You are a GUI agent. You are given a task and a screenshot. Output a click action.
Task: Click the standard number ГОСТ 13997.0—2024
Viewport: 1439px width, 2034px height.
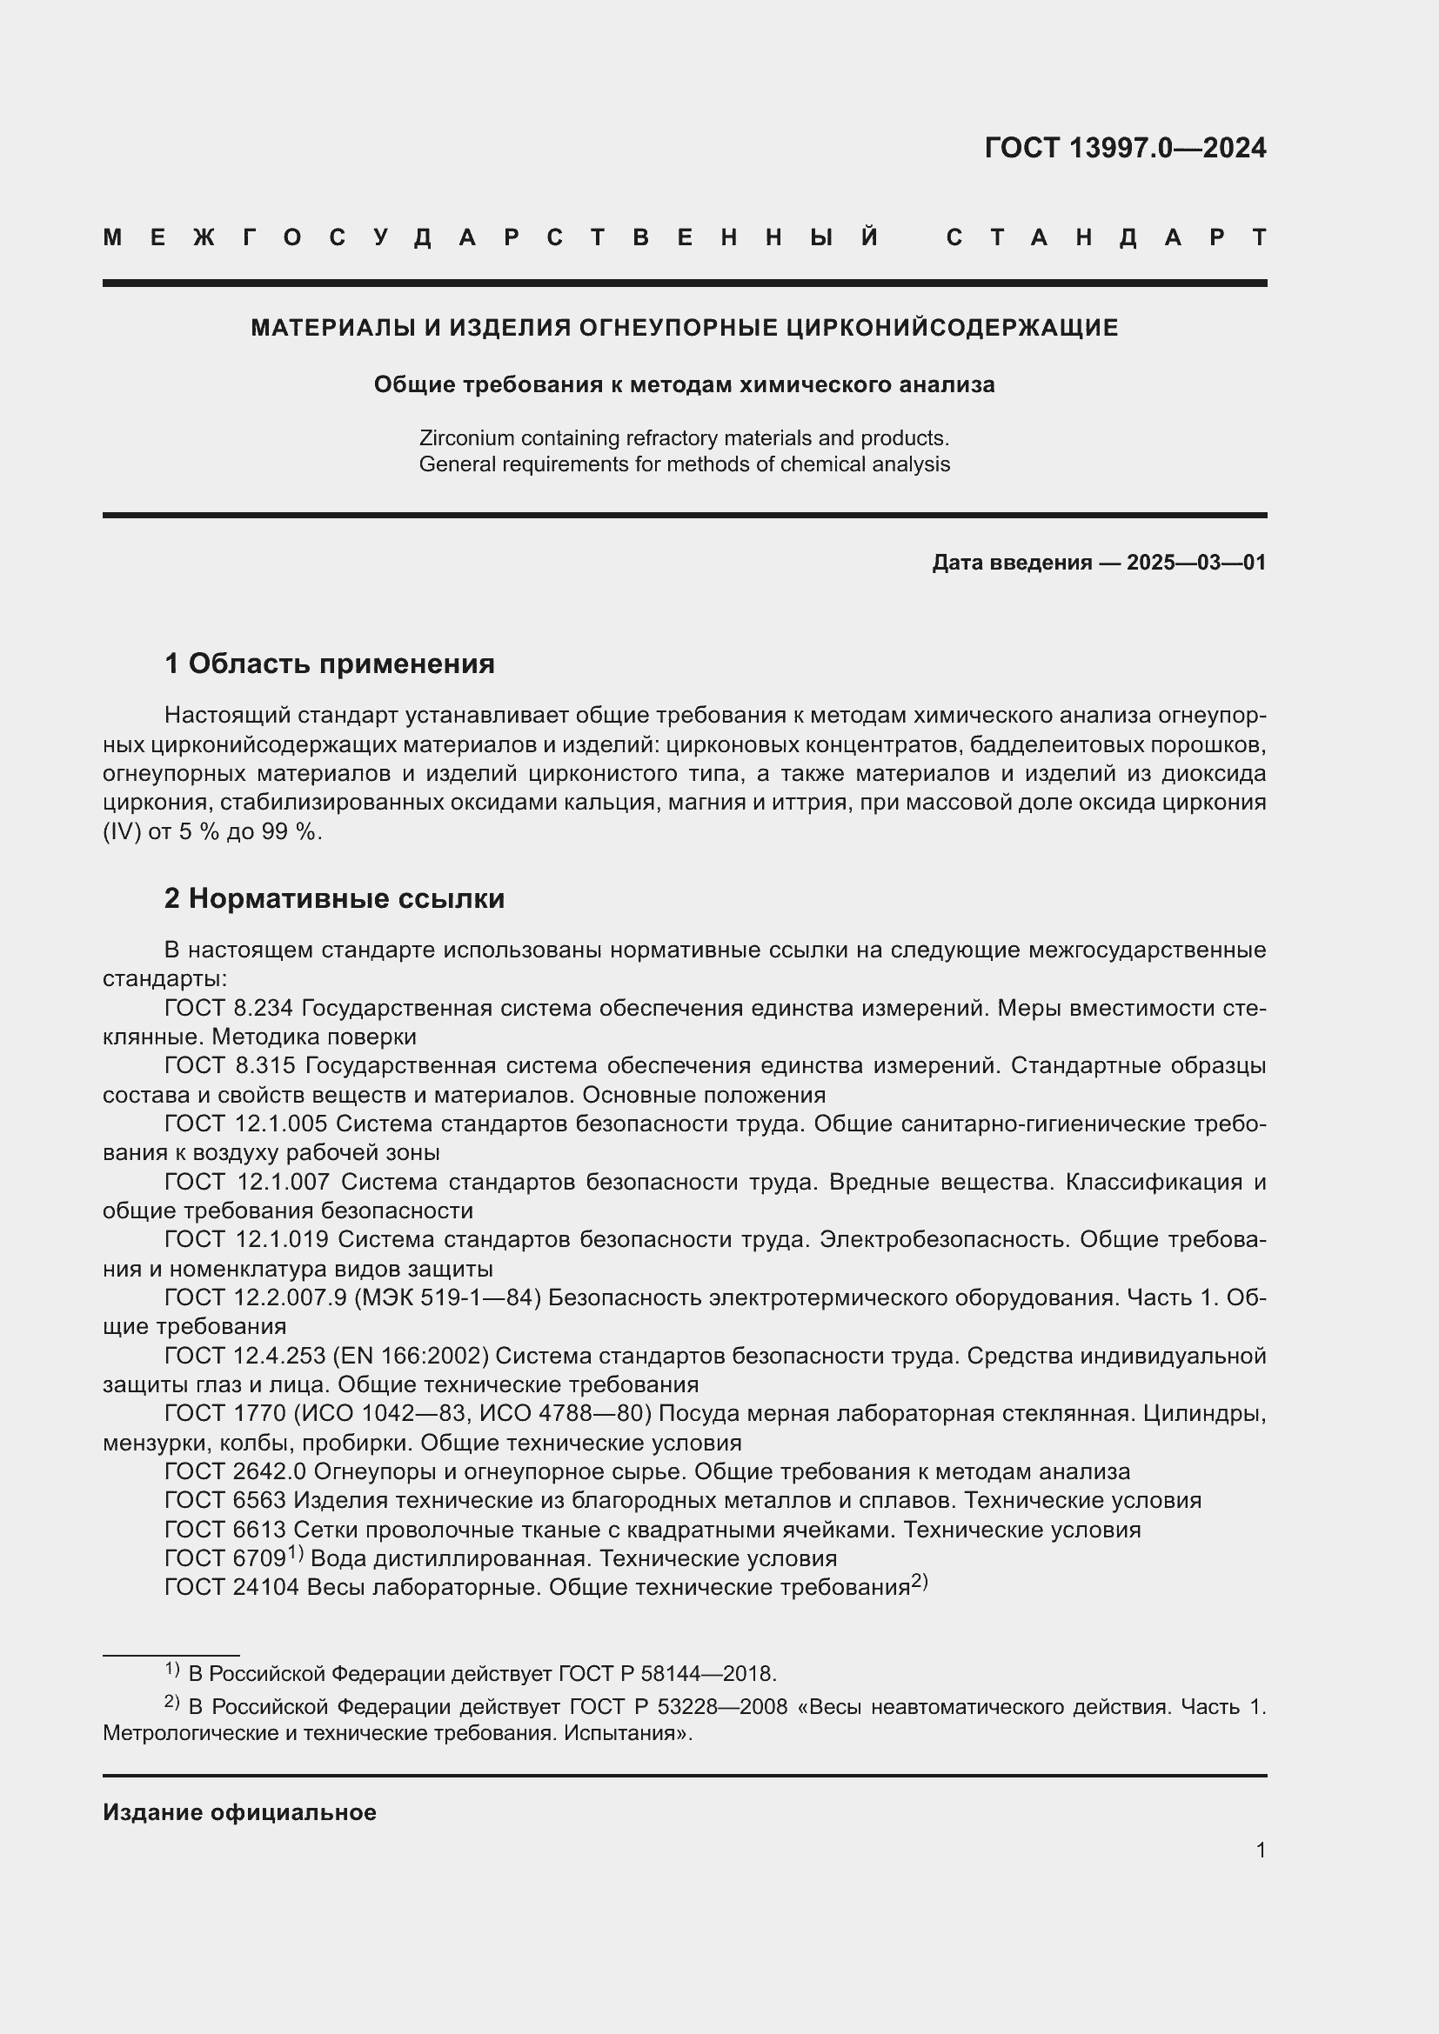[x=1124, y=148]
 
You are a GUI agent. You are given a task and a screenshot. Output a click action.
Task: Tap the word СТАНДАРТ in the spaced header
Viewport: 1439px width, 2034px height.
[x=1106, y=238]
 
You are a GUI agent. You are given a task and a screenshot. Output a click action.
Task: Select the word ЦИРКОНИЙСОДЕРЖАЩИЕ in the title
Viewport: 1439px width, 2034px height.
[x=952, y=328]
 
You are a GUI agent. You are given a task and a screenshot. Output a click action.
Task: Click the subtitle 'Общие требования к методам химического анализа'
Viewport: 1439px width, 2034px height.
[x=684, y=384]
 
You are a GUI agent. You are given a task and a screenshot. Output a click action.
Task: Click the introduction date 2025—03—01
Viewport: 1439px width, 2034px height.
[x=1196, y=563]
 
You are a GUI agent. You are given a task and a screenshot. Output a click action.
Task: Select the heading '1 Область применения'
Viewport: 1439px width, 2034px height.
[x=330, y=664]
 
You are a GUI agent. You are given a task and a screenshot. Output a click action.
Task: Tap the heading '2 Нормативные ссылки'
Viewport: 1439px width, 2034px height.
[x=334, y=898]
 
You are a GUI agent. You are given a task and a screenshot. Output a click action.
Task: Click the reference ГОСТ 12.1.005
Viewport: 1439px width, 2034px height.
[x=245, y=1124]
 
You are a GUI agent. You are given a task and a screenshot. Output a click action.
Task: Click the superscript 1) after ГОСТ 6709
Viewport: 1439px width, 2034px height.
[x=296, y=1553]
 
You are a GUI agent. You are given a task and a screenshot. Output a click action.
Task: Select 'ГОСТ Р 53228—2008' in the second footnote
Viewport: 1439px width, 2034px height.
[x=678, y=1707]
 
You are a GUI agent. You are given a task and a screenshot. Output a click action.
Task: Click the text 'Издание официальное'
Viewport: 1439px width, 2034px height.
[x=239, y=1812]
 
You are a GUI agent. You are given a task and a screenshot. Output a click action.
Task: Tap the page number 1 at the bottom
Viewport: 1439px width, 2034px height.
[x=1260, y=1850]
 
